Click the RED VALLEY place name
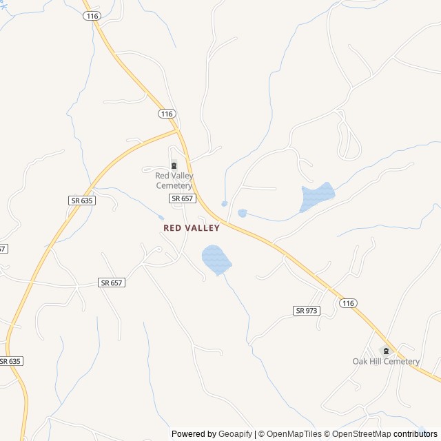click(192, 227)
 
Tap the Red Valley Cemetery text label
click(174, 181)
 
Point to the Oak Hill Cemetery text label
click(386, 362)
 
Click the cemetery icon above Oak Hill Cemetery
click(386, 351)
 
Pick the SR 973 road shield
click(307, 311)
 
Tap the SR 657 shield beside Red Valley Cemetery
click(183, 198)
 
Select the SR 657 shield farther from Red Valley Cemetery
click(112, 283)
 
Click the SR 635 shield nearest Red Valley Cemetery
click(82, 201)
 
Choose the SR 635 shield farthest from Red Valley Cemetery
click(10, 361)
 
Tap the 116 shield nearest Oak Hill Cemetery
click(348, 303)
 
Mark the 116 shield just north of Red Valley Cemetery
click(166, 114)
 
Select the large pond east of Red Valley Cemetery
click(317, 196)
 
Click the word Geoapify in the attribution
click(235, 434)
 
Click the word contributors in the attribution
click(416, 434)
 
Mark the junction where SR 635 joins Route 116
click(178, 129)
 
